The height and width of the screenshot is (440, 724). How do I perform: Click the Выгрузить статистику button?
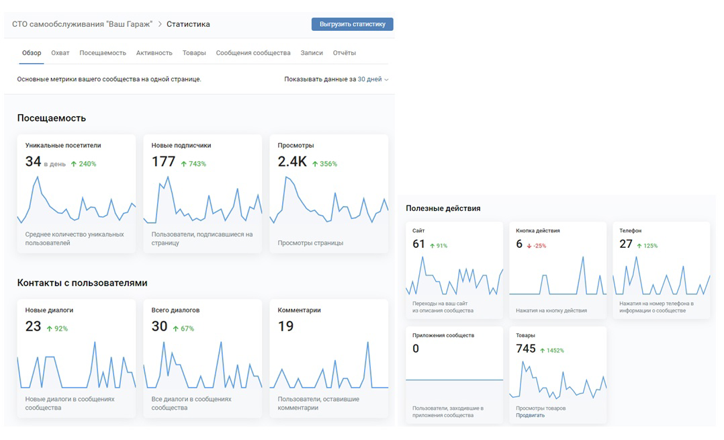(x=353, y=24)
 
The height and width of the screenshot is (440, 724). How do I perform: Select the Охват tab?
(x=60, y=53)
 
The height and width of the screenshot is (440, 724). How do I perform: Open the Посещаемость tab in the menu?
(x=103, y=53)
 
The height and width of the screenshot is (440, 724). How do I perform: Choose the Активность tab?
(x=154, y=53)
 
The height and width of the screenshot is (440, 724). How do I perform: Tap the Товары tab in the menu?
(x=194, y=53)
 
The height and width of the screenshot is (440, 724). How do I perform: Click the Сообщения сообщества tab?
(x=253, y=53)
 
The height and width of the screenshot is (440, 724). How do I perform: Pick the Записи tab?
(x=312, y=53)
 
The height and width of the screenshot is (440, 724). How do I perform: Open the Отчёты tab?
(x=345, y=53)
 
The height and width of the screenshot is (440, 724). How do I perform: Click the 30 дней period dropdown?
(x=373, y=79)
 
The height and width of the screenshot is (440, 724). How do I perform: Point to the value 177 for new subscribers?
(x=163, y=162)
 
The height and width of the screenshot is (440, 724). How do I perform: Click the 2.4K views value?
(x=292, y=162)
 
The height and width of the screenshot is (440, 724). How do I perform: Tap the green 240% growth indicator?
(x=83, y=164)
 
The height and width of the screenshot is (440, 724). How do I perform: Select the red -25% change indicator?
(x=537, y=246)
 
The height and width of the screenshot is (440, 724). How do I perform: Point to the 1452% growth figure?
(x=552, y=351)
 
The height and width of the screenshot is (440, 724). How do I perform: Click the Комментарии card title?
(x=300, y=310)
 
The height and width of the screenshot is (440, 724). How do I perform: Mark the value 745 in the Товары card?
(x=526, y=349)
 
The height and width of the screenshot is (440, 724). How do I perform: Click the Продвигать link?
(x=530, y=416)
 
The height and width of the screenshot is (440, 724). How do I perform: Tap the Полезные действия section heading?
(x=443, y=208)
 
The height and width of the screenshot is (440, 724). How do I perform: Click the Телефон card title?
(x=630, y=231)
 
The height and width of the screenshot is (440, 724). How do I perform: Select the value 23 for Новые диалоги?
(x=34, y=326)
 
